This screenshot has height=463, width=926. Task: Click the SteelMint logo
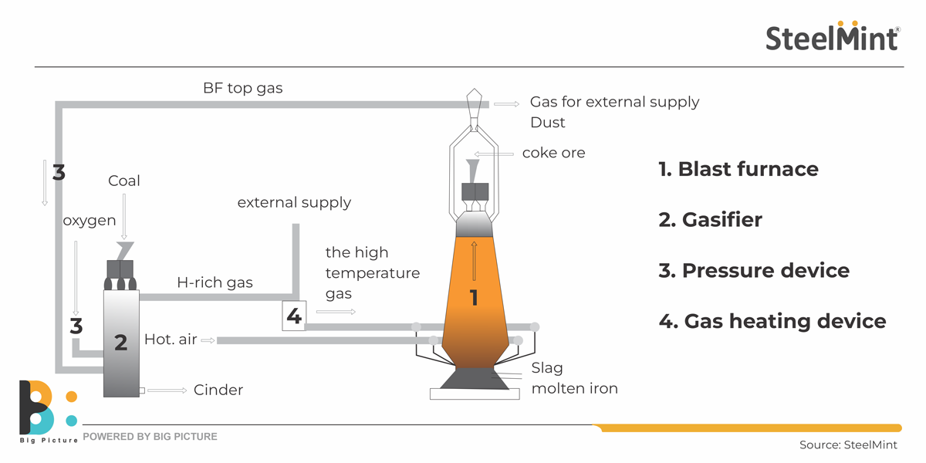[832, 36]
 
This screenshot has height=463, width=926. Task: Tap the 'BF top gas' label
[242, 88]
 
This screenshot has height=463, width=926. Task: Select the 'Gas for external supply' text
[614, 102]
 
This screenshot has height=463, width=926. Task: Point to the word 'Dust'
[547, 123]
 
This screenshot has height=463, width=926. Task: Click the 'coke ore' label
[553, 153]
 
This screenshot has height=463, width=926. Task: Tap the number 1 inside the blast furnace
[474, 297]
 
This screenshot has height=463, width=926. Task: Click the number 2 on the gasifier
[120, 342]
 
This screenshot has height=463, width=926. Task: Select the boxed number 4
[293, 316]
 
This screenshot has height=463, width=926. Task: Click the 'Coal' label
[123, 181]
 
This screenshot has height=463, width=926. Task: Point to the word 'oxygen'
[90, 221]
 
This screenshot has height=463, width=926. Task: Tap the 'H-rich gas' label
[215, 282]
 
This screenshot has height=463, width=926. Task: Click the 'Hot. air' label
[171, 340]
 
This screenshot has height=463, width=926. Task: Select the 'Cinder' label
[218, 390]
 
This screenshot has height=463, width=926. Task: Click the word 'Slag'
[547, 368]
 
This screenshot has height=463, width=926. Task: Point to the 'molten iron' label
[574, 389]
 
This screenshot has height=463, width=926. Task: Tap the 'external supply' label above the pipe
[294, 203]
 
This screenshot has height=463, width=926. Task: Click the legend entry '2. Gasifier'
[710, 220]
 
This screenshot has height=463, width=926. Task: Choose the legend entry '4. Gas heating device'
[772, 321]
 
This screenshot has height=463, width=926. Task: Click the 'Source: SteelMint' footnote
[848, 444]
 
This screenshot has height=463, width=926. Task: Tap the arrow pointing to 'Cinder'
[167, 390]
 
